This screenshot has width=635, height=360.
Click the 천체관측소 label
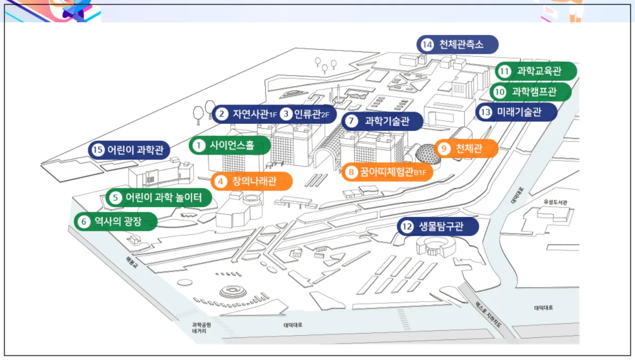click(x=458, y=44)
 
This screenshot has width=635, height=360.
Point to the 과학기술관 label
click(x=383, y=121)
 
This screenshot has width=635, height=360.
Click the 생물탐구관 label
click(x=438, y=227)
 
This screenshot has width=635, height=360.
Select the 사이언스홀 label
click(x=230, y=145)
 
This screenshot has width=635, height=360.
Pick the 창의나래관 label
click(x=252, y=181)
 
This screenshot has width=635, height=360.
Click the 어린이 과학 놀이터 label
click(x=159, y=198)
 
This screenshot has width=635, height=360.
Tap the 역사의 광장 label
click(x=116, y=222)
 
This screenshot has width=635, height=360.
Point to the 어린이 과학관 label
click(x=129, y=150)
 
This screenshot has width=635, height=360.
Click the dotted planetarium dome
click(x=425, y=154)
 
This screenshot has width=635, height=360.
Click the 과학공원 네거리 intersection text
click(x=201, y=328)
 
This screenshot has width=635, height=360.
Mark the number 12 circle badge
click(x=406, y=227)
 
